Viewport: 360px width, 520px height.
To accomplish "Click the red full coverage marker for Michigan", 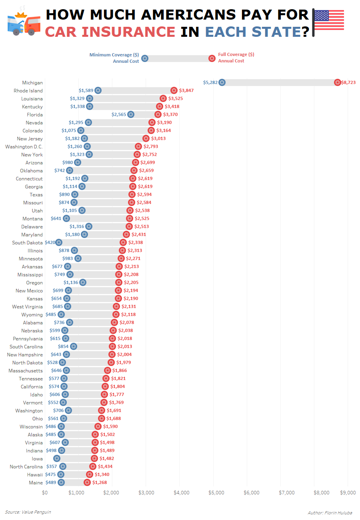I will (x=338, y=82).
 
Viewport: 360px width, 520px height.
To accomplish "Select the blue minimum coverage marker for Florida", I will (x=131, y=114).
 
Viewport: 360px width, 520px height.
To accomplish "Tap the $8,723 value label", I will (x=348, y=82).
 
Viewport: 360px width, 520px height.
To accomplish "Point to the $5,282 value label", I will (x=210, y=82).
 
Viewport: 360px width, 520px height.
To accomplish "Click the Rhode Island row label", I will (x=28, y=90).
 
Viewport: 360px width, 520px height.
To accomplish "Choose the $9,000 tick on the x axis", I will (x=348, y=493).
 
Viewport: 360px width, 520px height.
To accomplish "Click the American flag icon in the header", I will (x=328, y=21).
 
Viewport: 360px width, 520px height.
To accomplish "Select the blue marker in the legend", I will (x=145, y=58).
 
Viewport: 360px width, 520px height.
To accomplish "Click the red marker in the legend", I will (x=212, y=58).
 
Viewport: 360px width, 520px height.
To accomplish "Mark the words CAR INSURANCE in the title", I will (x=110, y=31).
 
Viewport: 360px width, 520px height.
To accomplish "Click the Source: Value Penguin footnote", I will (x=28, y=512).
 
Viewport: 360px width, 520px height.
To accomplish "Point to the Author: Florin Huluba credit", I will (x=330, y=512).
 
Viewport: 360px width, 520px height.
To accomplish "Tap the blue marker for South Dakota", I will (x=59, y=242).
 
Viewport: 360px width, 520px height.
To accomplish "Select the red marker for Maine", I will (x=87, y=482).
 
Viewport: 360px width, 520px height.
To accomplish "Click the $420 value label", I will (x=50, y=242).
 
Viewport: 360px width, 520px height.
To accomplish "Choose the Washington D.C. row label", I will (x=24, y=146).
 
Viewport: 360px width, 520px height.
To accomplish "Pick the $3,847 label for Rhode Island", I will (x=186, y=90).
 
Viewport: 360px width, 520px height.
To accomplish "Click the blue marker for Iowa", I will (x=57, y=458).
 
